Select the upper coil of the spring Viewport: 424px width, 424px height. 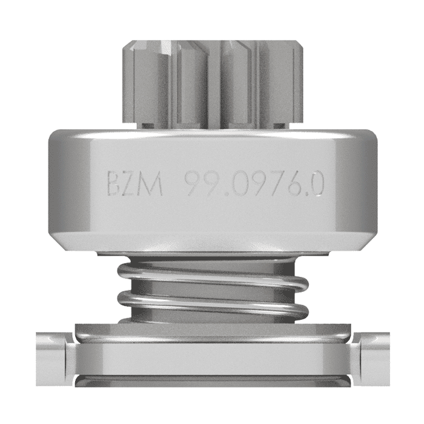212,273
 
